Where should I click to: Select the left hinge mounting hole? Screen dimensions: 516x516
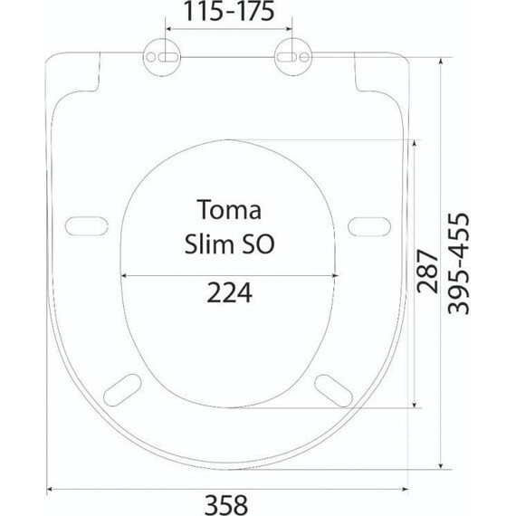click(x=162, y=56)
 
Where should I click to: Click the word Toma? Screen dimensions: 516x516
click(x=229, y=211)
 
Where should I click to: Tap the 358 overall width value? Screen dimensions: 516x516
click(x=226, y=503)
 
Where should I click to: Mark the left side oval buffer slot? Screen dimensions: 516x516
click(x=84, y=225)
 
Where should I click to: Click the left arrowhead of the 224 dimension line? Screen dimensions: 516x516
click(x=124, y=275)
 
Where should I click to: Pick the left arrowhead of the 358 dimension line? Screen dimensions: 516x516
click(x=50, y=489)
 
